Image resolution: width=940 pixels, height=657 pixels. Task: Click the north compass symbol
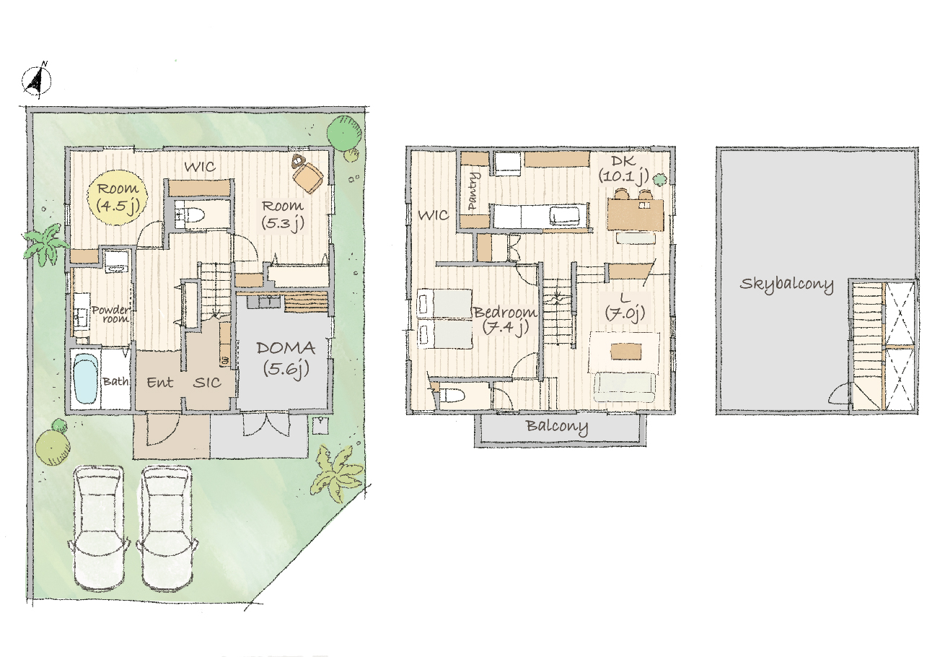point(37,80)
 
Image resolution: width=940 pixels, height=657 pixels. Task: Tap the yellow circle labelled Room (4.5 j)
point(118,197)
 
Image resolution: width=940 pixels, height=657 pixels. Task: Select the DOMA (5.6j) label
point(286,358)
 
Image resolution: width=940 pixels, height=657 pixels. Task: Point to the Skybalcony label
point(786,285)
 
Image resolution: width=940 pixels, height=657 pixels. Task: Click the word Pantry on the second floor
point(473,191)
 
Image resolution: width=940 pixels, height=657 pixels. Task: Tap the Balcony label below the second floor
point(557,427)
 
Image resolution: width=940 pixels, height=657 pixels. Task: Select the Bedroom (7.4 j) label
point(505,321)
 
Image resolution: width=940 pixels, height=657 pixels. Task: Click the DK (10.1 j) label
point(623,170)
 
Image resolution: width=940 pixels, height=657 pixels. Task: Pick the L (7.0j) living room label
point(625,308)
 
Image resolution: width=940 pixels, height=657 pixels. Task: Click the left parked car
point(100,528)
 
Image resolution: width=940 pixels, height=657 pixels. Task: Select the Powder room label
point(111,314)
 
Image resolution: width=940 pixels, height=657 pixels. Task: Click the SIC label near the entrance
point(207,382)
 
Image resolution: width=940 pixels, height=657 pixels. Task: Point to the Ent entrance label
point(160,382)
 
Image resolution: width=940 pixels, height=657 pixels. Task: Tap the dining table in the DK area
point(636,214)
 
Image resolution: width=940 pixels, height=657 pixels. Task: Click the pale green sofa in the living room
point(624,388)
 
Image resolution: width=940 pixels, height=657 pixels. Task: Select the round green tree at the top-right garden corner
point(344,133)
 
